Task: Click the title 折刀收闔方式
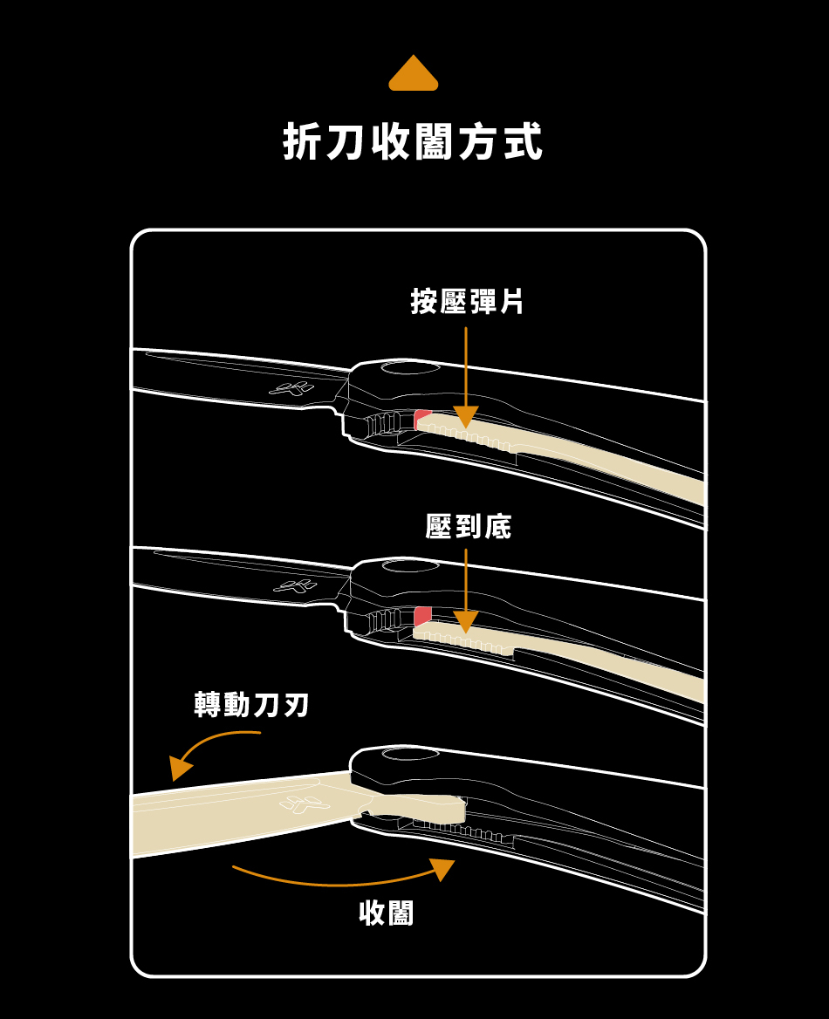click(414, 142)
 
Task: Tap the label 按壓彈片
click(467, 302)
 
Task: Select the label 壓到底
click(468, 526)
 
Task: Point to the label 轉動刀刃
click(252, 704)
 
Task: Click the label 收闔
click(387, 913)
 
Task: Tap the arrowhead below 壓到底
click(466, 621)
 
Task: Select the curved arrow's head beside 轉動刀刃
click(181, 769)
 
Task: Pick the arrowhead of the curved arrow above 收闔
click(443, 868)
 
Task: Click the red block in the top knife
click(422, 417)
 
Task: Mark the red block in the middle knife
click(423, 615)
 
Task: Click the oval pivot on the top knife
click(409, 367)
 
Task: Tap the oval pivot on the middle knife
click(409, 567)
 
